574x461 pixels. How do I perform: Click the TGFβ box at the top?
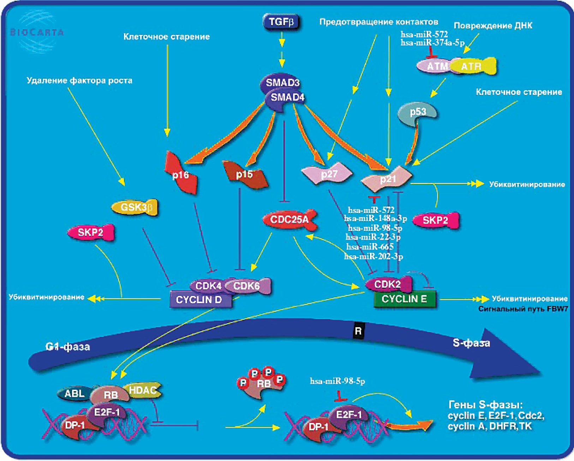(281, 22)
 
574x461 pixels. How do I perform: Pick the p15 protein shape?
(245, 174)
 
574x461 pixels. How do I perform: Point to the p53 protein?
(418, 112)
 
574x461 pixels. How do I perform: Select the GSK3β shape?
(135, 207)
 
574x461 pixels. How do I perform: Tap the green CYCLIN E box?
(405, 299)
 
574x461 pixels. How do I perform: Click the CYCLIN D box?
(199, 300)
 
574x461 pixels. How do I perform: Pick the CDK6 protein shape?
(247, 285)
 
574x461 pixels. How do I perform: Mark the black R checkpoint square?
(358, 331)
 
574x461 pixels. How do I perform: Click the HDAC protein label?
(143, 390)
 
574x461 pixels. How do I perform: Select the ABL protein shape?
(74, 393)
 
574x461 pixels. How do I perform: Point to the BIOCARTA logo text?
(37, 33)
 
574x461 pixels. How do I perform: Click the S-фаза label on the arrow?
(471, 343)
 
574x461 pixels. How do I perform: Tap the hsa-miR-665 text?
(370, 247)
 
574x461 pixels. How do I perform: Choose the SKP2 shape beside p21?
(436, 220)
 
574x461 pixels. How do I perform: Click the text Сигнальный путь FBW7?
(523, 309)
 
